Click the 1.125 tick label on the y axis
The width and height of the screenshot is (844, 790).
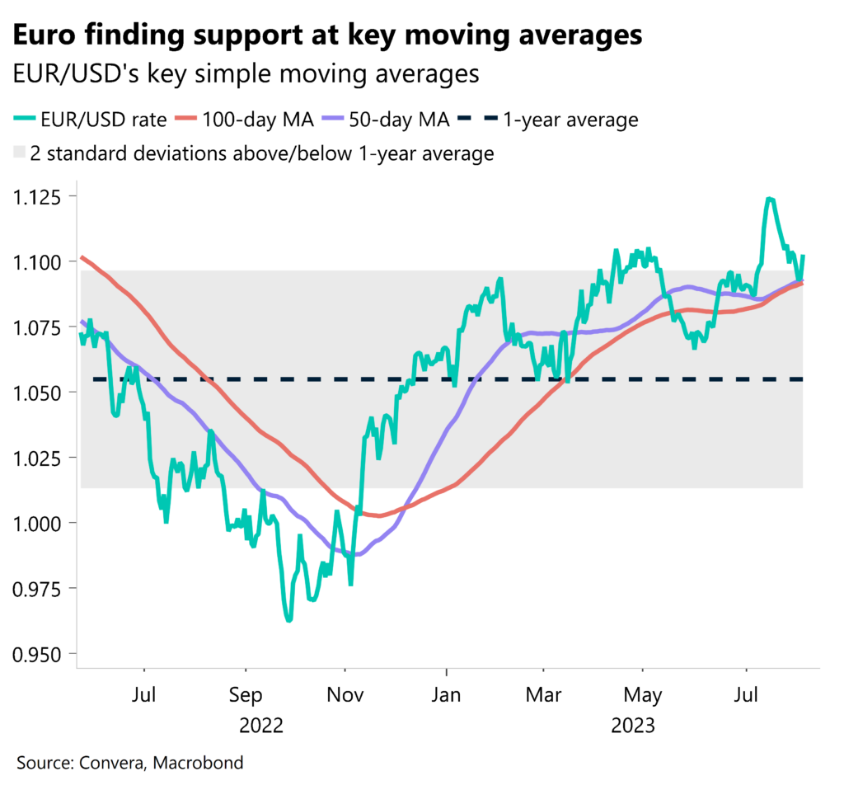[40, 196]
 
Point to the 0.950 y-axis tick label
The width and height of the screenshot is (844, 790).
[40, 653]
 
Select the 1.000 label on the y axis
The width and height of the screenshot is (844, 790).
[40, 523]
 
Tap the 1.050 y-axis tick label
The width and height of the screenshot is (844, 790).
[40, 393]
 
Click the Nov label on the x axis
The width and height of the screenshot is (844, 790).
[345, 695]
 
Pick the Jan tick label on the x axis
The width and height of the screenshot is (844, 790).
[446, 695]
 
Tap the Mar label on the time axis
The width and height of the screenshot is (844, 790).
[543, 695]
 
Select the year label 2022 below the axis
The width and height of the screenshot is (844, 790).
[261, 726]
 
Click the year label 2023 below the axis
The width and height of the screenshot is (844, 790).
[633, 726]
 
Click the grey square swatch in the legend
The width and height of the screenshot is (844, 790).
[19, 153]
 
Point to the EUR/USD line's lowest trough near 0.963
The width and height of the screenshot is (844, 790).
[288, 620]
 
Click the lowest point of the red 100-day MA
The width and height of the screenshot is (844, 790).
[376, 515]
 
